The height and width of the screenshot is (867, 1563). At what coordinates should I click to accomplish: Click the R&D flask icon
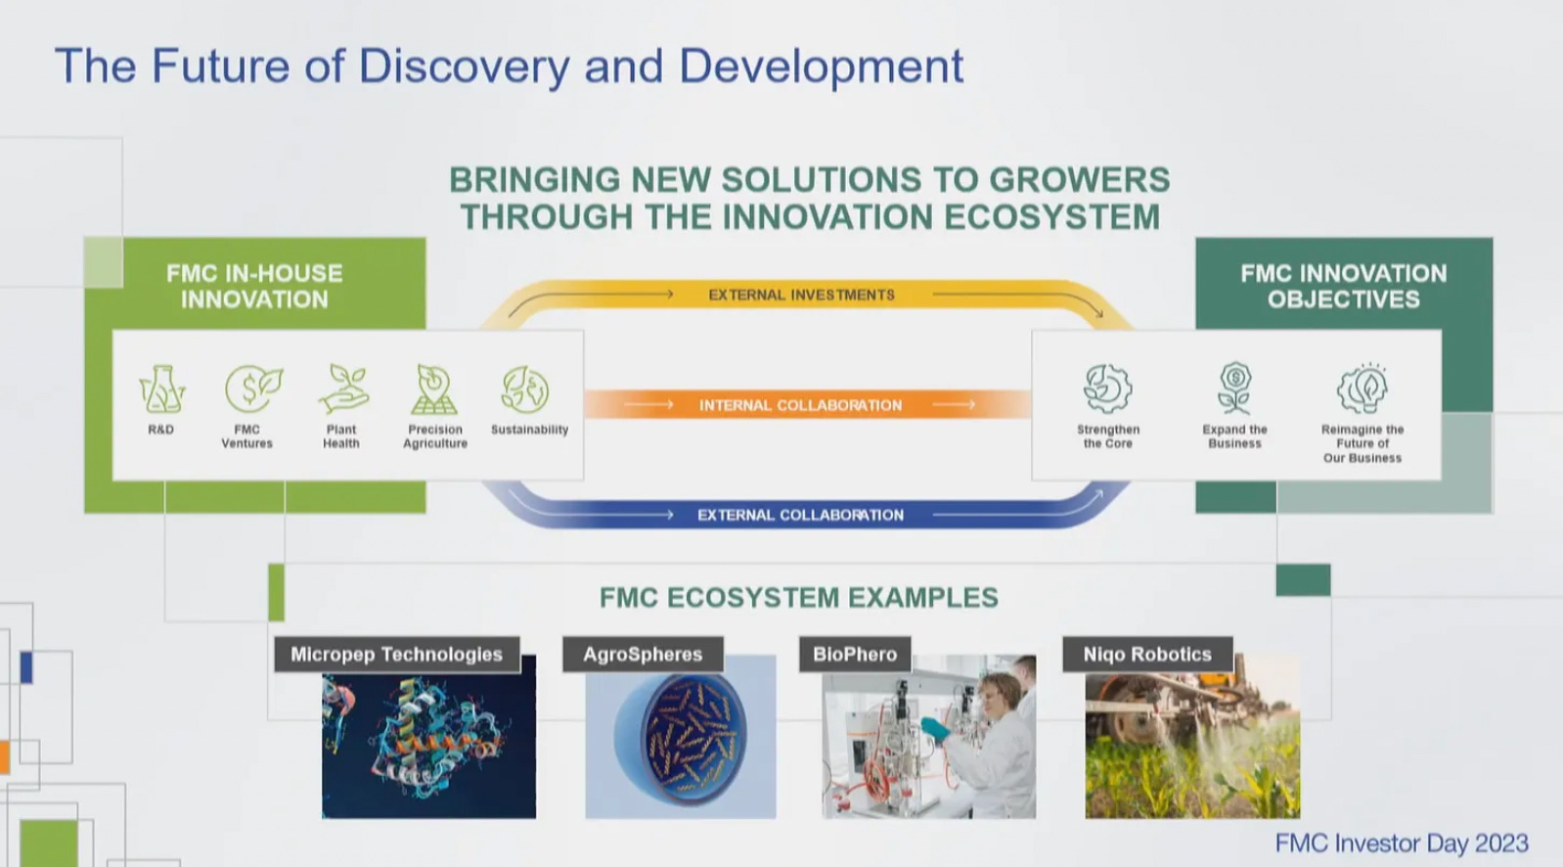coord(161,389)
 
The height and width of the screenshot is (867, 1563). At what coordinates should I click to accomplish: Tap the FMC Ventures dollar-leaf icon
coord(252,389)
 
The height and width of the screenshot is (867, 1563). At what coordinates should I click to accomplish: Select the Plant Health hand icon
coord(342,389)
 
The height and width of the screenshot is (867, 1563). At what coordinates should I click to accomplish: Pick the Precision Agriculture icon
coord(434,389)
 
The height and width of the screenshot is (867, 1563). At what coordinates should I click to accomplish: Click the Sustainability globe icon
coord(526,389)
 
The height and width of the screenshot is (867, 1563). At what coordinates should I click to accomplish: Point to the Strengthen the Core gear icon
coord(1107,388)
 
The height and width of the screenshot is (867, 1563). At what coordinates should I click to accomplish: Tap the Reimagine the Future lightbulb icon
coord(1362,388)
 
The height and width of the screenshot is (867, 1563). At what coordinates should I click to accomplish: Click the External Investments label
coord(801,295)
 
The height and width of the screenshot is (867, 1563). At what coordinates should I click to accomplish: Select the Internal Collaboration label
coord(800,405)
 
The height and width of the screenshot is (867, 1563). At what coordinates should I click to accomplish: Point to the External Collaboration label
coord(800,515)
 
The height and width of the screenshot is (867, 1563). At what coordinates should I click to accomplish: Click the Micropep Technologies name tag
coord(396,655)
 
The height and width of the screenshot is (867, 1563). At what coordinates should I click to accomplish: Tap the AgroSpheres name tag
coord(643,655)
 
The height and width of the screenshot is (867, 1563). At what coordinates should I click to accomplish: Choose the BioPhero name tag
coord(855,655)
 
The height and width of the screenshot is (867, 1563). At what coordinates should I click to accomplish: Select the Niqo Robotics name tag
coord(1147,655)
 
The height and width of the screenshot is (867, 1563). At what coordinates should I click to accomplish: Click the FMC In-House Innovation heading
coord(254,287)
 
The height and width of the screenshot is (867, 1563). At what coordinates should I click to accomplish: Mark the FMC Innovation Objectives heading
coord(1344,287)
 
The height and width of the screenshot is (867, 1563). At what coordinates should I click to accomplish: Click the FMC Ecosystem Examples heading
coord(798,598)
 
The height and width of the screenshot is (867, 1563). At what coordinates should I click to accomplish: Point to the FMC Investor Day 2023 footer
coord(1401,844)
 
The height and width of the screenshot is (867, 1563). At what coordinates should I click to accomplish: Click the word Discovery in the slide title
coord(464,67)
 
